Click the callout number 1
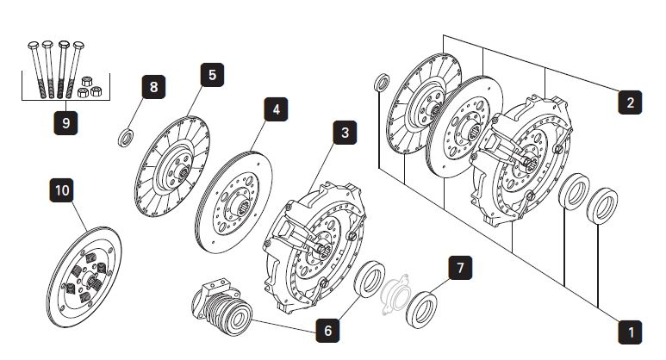click(x=632, y=331)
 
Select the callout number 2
click(x=630, y=102)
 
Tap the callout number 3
click(x=345, y=133)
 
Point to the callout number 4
click(x=276, y=110)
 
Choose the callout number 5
click(x=212, y=75)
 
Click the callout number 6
click(x=327, y=330)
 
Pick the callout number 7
click(x=460, y=268)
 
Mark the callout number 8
click(x=153, y=87)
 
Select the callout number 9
click(x=65, y=122)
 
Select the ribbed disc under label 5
click(x=174, y=168)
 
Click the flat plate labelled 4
click(x=234, y=203)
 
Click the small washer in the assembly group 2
click(x=382, y=84)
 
